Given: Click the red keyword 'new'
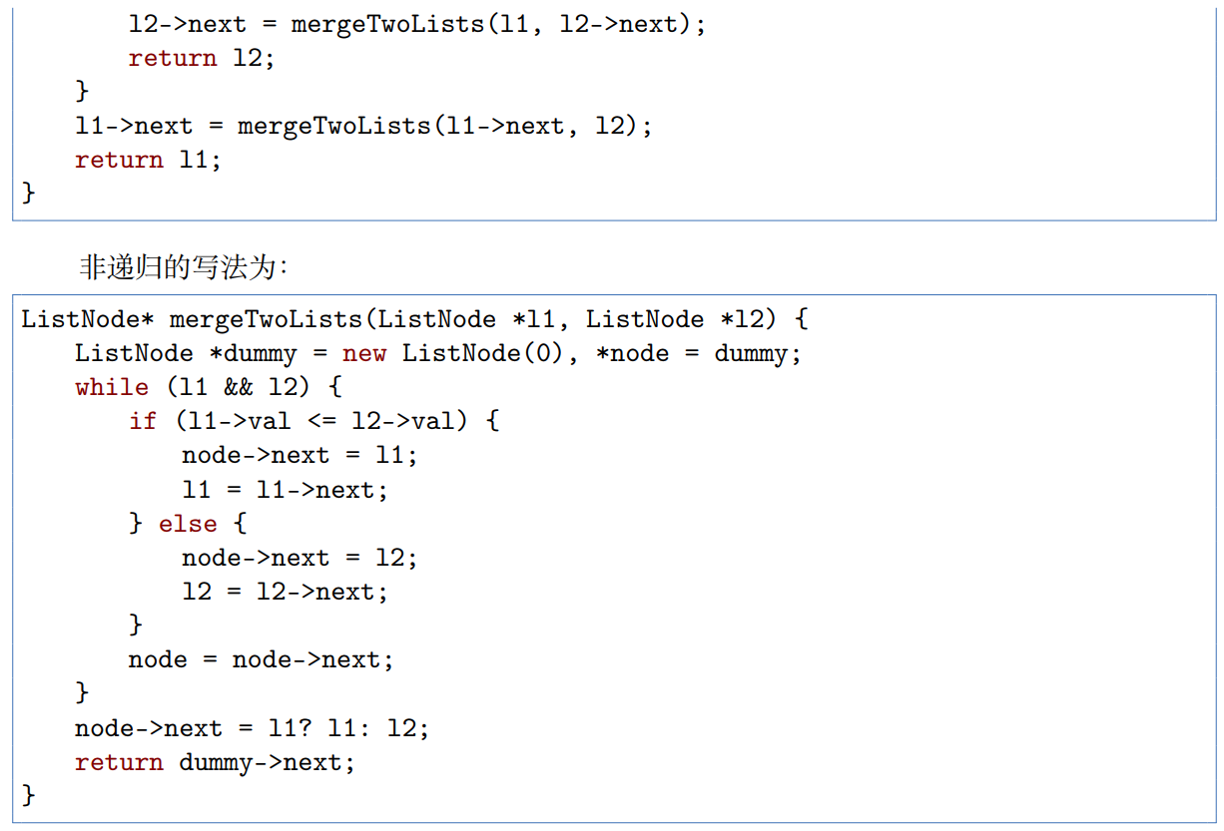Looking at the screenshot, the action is pyautogui.click(x=365, y=353).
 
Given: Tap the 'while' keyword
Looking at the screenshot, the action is pyautogui.click(x=112, y=387).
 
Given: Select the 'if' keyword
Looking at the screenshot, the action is pyautogui.click(x=143, y=421).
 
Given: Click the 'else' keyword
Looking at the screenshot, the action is pyautogui.click(x=188, y=523).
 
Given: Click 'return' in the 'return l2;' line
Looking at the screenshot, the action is pyautogui.click(x=172, y=58).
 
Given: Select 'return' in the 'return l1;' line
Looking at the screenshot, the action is pyautogui.click(x=119, y=160).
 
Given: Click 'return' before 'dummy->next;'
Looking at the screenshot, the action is pyautogui.click(x=119, y=762).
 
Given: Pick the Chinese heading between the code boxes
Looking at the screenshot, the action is pyautogui.click(x=184, y=267).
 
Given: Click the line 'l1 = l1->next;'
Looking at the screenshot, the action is pyautogui.click(x=285, y=490).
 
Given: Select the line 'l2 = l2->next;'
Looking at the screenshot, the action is pyautogui.click(x=285, y=592).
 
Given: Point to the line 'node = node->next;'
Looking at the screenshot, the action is pyautogui.click(x=261, y=659).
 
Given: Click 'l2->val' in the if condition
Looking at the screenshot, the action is pyautogui.click(x=409, y=421).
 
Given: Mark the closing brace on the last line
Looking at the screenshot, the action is pyautogui.click(x=28, y=795).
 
